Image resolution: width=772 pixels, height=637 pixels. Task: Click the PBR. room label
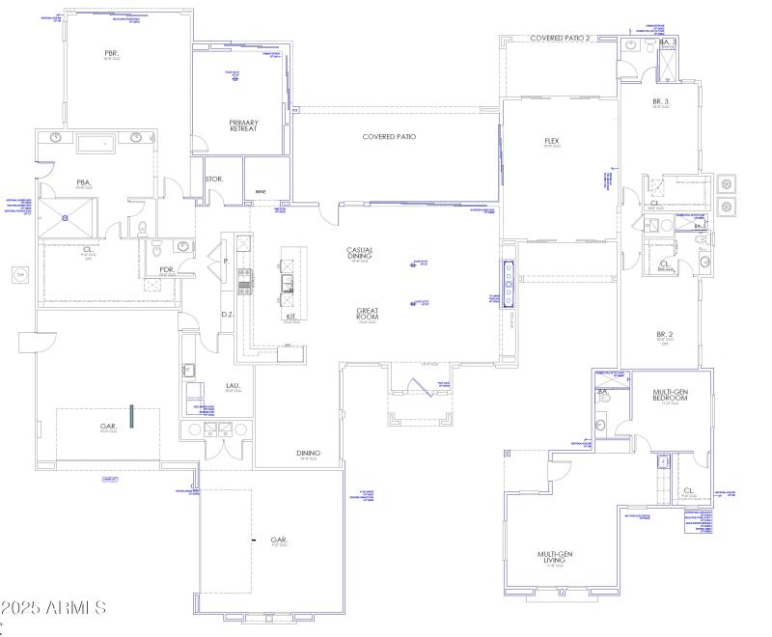[x=111, y=53]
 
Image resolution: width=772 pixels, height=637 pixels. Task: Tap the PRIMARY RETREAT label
[x=243, y=125]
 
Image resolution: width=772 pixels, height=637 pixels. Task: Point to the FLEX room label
[x=552, y=142]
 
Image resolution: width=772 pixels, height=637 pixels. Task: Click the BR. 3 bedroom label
[x=661, y=101]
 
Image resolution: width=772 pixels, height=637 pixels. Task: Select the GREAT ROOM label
[x=366, y=314]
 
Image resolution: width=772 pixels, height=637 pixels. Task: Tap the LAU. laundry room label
[x=233, y=387]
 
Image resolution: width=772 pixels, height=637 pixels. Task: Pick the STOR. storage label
[x=214, y=179]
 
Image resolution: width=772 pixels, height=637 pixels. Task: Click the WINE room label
[x=260, y=192]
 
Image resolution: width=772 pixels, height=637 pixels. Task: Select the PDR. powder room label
[x=166, y=270]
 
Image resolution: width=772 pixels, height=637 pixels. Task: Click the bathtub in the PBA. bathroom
[x=96, y=145]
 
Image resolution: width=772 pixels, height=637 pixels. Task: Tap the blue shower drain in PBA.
[x=66, y=218]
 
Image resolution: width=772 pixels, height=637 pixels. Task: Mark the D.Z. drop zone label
[x=228, y=314]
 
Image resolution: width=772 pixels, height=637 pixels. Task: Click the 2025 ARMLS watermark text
[x=52, y=608]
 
